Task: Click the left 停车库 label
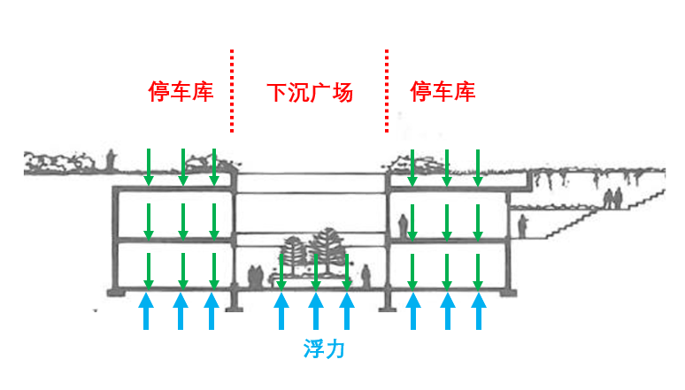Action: coord(181,92)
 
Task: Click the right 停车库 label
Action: coord(443,92)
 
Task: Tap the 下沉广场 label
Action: coord(310,92)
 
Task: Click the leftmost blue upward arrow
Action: coord(147,312)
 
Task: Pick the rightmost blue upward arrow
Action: coord(479,312)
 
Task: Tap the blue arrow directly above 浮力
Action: coord(314,312)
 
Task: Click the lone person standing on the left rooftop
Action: coord(112,160)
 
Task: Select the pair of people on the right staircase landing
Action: coord(612,198)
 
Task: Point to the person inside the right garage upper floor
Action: coord(403,225)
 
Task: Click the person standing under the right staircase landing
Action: coord(523,226)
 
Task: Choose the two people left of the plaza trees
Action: coord(255,276)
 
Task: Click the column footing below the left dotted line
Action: coord(234,302)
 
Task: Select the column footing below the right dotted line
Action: coord(387,302)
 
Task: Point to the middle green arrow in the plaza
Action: coord(315,271)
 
